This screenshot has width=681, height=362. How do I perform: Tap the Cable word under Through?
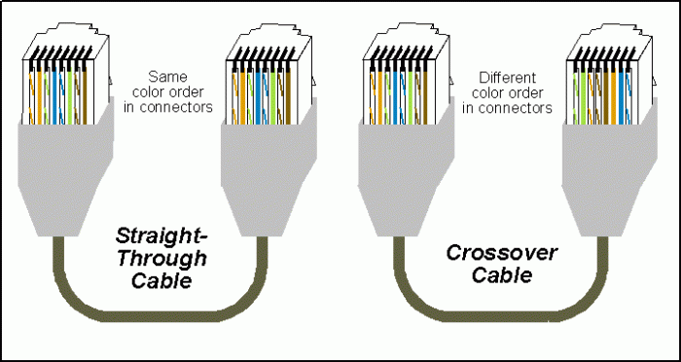(x=161, y=281)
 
